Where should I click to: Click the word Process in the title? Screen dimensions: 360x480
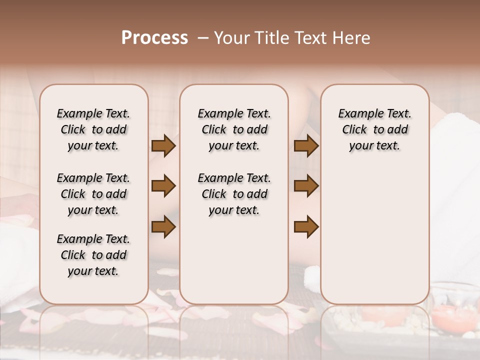click(x=154, y=38)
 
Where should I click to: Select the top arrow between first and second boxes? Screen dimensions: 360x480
click(x=163, y=146)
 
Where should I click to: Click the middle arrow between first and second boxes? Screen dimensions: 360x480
click(x=163, y=186)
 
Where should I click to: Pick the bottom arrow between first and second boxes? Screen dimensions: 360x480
click(x=163, y=226)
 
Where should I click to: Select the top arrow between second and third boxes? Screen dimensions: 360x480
click(x=306, y=146)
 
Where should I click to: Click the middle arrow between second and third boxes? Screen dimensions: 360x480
click(x=306, y=186)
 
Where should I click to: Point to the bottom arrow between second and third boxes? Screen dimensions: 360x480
click(x=306, y=226)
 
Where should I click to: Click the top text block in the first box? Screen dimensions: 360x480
click(x=93, y=129)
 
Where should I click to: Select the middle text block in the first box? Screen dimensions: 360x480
click(x=93, y=194)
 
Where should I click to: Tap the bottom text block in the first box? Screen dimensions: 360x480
click(x=93, y=255)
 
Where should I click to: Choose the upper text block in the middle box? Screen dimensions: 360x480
click(x=234, y=129)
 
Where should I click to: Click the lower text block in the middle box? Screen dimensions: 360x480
click(x=234, y=194)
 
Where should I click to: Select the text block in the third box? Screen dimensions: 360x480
click(x=374, y=129)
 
